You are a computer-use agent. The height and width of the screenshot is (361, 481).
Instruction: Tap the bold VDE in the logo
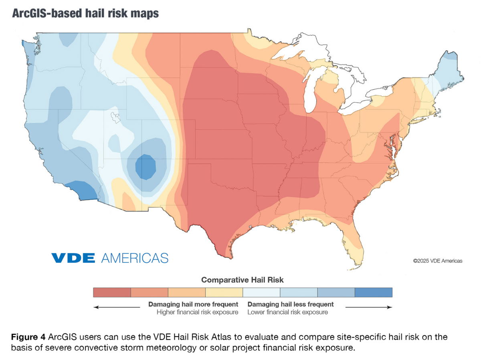point(73,258)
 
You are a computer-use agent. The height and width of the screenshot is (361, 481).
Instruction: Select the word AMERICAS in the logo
point(135,258)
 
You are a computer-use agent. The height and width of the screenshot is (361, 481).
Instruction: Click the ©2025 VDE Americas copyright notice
point(438,261)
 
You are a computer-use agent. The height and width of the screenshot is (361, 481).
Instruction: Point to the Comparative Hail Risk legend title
point(242,280)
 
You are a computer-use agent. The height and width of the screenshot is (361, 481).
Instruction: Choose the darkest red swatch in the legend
point(112,292)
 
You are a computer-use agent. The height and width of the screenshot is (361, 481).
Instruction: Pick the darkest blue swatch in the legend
point(373,292)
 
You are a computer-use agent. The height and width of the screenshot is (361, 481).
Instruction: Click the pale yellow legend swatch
point(224,292)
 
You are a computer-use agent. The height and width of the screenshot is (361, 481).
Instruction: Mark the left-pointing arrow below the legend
point(116,307)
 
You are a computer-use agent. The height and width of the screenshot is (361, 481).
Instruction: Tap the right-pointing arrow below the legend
point(368,307)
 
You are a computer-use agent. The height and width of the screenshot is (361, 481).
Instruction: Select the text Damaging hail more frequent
point(193,305)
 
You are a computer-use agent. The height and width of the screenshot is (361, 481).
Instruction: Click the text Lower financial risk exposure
point(287,312)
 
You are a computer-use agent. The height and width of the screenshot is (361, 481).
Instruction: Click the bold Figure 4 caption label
point(26,337)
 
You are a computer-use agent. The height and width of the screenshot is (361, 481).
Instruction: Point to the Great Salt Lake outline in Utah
point(116,117)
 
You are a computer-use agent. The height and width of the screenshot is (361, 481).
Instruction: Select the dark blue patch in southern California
point(82,191)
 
